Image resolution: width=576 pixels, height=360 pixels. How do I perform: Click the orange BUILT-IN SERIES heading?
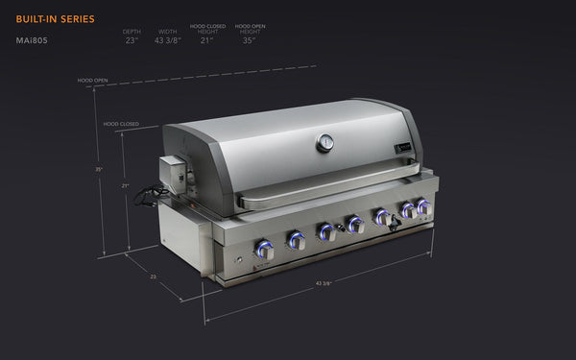click(55, 18)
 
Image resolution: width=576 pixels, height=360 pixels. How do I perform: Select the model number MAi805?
click(33, 41)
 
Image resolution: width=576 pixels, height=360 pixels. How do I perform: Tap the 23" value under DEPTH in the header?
click(132, 41)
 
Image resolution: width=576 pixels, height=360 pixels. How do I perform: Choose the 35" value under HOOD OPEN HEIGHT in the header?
click(249, 41)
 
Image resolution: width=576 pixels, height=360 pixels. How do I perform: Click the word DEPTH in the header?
click(132, 30)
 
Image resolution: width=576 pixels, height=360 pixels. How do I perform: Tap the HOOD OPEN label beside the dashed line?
click(92, 81)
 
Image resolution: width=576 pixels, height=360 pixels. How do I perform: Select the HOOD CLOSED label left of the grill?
click(121, 125)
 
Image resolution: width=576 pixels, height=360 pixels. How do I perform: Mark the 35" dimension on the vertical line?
click(98, 169)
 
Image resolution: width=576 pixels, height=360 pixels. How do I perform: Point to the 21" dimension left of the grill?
click(125, 186)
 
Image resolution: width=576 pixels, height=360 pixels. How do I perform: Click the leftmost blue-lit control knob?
click(263, 250)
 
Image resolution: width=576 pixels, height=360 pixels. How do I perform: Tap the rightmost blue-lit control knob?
click(423, 206)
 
